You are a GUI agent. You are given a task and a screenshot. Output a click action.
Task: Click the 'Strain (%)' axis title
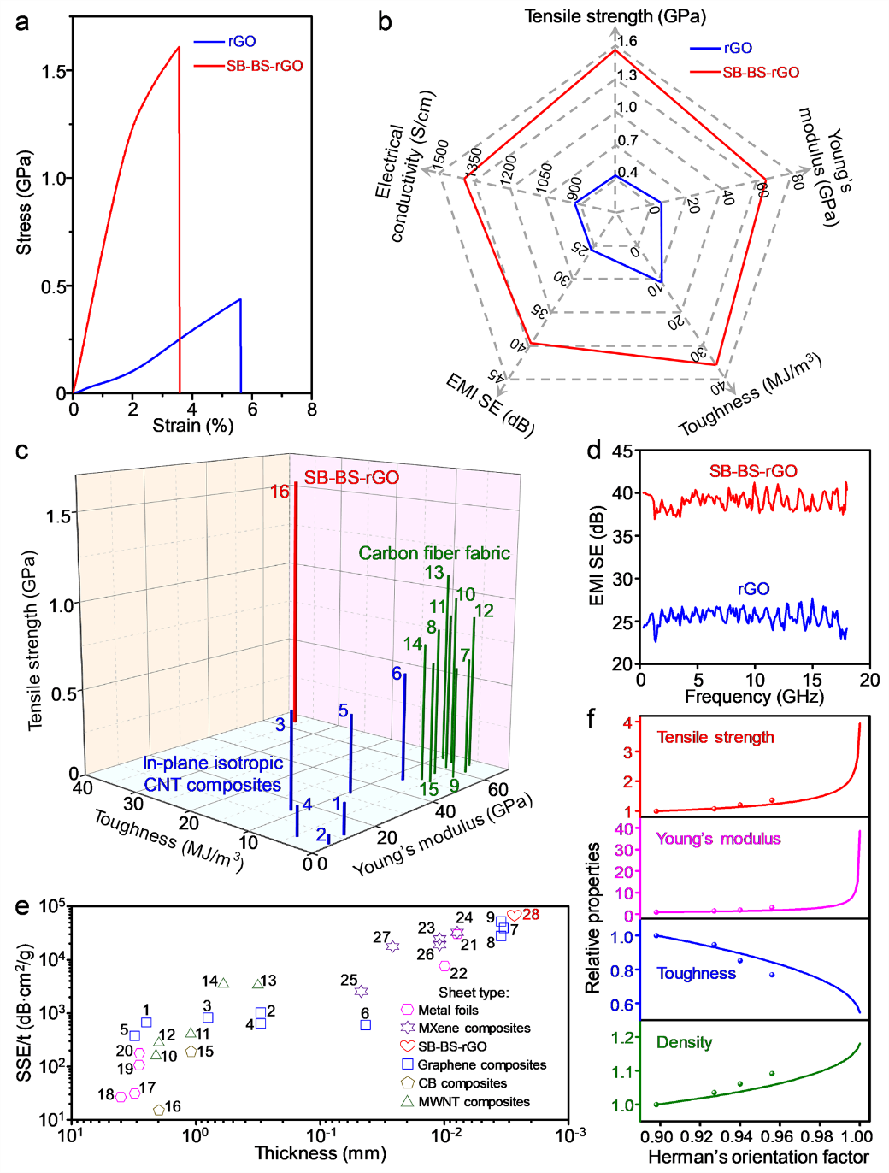[x=193, y=425]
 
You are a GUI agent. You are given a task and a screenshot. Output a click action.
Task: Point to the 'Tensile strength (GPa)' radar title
[x=615, y=16]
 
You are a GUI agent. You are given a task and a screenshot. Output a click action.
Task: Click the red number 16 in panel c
[x=280, y=492]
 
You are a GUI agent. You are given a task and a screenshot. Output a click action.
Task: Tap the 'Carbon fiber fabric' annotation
[x=434, y=553]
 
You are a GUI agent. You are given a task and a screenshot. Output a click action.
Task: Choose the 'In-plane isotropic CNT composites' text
[x=212, y=774]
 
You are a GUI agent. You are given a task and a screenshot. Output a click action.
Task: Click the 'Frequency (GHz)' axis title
[x=754, y=697]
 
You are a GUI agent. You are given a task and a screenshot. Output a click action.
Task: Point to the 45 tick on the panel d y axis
[x=622, y=451]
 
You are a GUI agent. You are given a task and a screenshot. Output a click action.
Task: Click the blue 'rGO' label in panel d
[x=753, y=589]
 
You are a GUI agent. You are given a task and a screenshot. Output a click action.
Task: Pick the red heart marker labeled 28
[x=514, y=916]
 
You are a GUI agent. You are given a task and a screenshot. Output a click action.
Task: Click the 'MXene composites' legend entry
[x=474, y=1029]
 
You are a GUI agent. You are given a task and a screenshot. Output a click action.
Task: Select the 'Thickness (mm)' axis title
[x=321, y=1153]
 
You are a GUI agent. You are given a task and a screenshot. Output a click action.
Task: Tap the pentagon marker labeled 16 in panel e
[x=159, y=1110]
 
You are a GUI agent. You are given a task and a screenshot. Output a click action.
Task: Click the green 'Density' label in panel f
[x=684, y=1042]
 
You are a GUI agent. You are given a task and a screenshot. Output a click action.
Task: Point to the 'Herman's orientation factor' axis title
[x=758, y=1158]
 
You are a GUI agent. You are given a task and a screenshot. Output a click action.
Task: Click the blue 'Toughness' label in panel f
[x=696, y=973]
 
